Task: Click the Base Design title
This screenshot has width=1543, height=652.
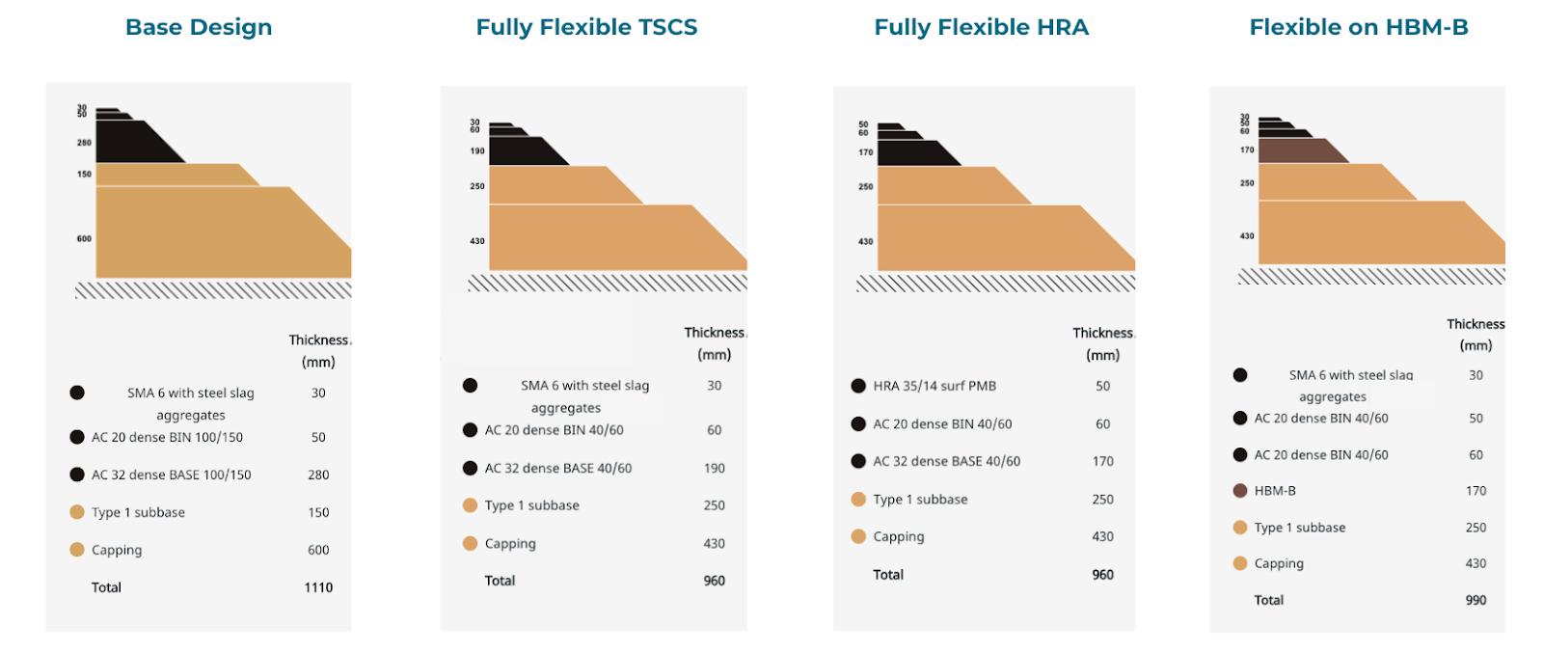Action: point(199,27)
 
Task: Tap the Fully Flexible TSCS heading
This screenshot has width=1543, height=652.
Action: point(586,27)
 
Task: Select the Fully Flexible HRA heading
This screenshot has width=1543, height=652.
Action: point(981,27)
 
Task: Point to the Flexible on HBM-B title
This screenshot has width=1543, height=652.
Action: point(1359,27)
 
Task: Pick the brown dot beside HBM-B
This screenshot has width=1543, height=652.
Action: point(1240,491)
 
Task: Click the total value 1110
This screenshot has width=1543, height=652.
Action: point(318,587)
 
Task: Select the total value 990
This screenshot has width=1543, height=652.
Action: point(1475,600)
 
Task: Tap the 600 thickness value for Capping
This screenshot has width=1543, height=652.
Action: point(318,550)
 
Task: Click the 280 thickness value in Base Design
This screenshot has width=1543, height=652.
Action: point(318,475)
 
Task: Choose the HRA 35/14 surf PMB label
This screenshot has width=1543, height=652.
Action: point(934,386)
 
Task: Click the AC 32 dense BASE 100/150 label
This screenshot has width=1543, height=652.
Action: point(172,475)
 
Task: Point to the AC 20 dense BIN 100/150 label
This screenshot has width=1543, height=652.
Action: point(167,437)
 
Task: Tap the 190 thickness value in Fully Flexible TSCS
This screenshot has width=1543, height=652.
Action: point(714,468)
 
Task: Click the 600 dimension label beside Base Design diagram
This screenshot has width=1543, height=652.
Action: point(85,238)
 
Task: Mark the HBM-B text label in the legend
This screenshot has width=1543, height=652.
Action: point(1275,491)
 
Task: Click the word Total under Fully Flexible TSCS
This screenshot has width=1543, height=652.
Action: point(500,581)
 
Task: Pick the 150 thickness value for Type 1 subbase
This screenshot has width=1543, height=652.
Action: point(318,512)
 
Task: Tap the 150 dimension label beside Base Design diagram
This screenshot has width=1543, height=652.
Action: point(85,175)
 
